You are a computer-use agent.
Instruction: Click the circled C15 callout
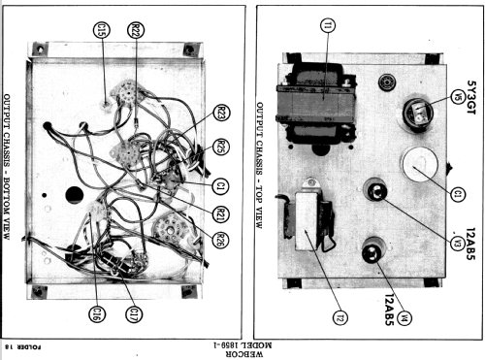101,30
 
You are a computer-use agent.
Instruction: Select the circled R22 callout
136,30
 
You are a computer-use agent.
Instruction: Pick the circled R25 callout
221,147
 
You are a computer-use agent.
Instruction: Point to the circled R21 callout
220,213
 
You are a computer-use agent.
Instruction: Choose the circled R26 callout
220,240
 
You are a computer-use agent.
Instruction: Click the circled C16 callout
97,313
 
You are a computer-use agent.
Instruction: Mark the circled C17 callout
134,313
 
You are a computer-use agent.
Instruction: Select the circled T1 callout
328,25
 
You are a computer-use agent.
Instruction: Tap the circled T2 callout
340,317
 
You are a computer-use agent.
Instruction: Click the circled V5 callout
458,96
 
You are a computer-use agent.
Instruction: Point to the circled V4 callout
404,318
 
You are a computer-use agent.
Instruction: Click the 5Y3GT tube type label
471,97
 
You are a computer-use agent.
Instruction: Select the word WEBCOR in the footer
244,354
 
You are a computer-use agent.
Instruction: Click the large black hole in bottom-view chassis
75,195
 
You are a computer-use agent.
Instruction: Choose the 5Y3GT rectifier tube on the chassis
418,115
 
